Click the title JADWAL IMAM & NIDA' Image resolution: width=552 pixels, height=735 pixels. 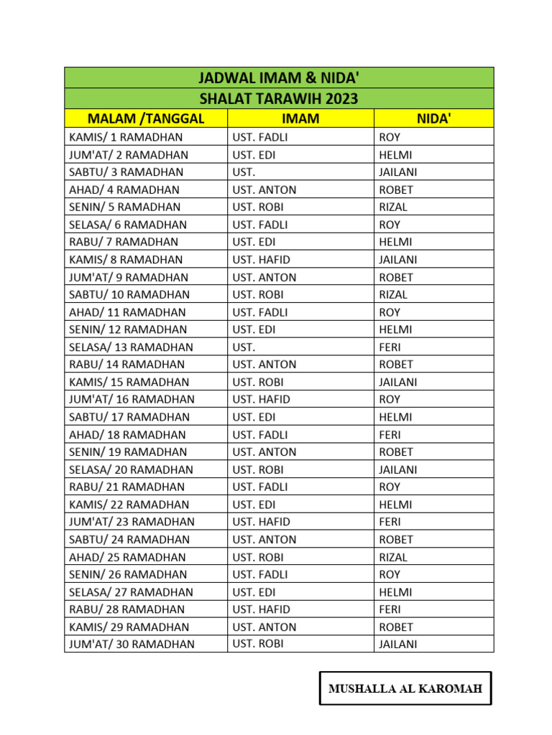tap(279, 78)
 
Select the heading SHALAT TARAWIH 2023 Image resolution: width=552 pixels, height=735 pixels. tap(279, 98)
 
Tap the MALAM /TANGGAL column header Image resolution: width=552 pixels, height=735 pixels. tap(146, 118)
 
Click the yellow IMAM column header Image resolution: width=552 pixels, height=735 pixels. tap(300, 118)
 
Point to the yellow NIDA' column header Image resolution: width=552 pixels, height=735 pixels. tap(433, 118)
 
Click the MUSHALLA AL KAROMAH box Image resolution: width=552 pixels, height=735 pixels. tap(405, 689)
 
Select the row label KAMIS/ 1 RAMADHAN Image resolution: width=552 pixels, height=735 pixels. tap(126, 137)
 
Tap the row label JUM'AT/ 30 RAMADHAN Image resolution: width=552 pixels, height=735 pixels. tap(132, 644)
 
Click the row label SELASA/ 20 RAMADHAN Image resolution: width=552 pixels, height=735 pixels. tap(131, 469)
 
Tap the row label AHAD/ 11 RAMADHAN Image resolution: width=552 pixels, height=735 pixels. tap(127, 312)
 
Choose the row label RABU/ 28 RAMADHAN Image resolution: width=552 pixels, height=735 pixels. tap(127, 609)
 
